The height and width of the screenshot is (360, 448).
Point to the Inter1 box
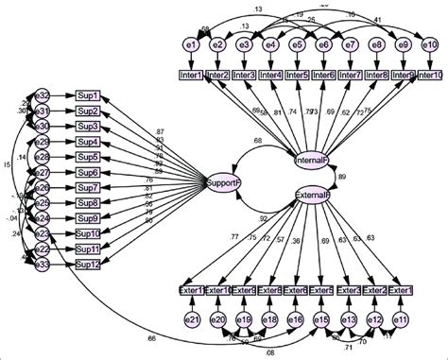pyautogui.click(x=191, y=75)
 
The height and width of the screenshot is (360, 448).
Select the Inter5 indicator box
pyautogui.click(x=297, y=75)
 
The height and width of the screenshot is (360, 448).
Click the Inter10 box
pyautogui.click(x=428, y=75)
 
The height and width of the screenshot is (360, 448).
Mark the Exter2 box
pyautogui.click(x=375, y=289)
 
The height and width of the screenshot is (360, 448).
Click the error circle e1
pyautogui.click(x=190, y=43)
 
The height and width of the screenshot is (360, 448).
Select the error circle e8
pyautogui.click(x=376, y=43)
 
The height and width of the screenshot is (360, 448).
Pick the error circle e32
pyautogui.click(x=43, y=95)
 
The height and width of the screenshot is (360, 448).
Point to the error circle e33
pyautogui.click(x=43, y=264)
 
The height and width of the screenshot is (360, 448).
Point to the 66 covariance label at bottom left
pyautogui.click(x=151, y=338)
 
